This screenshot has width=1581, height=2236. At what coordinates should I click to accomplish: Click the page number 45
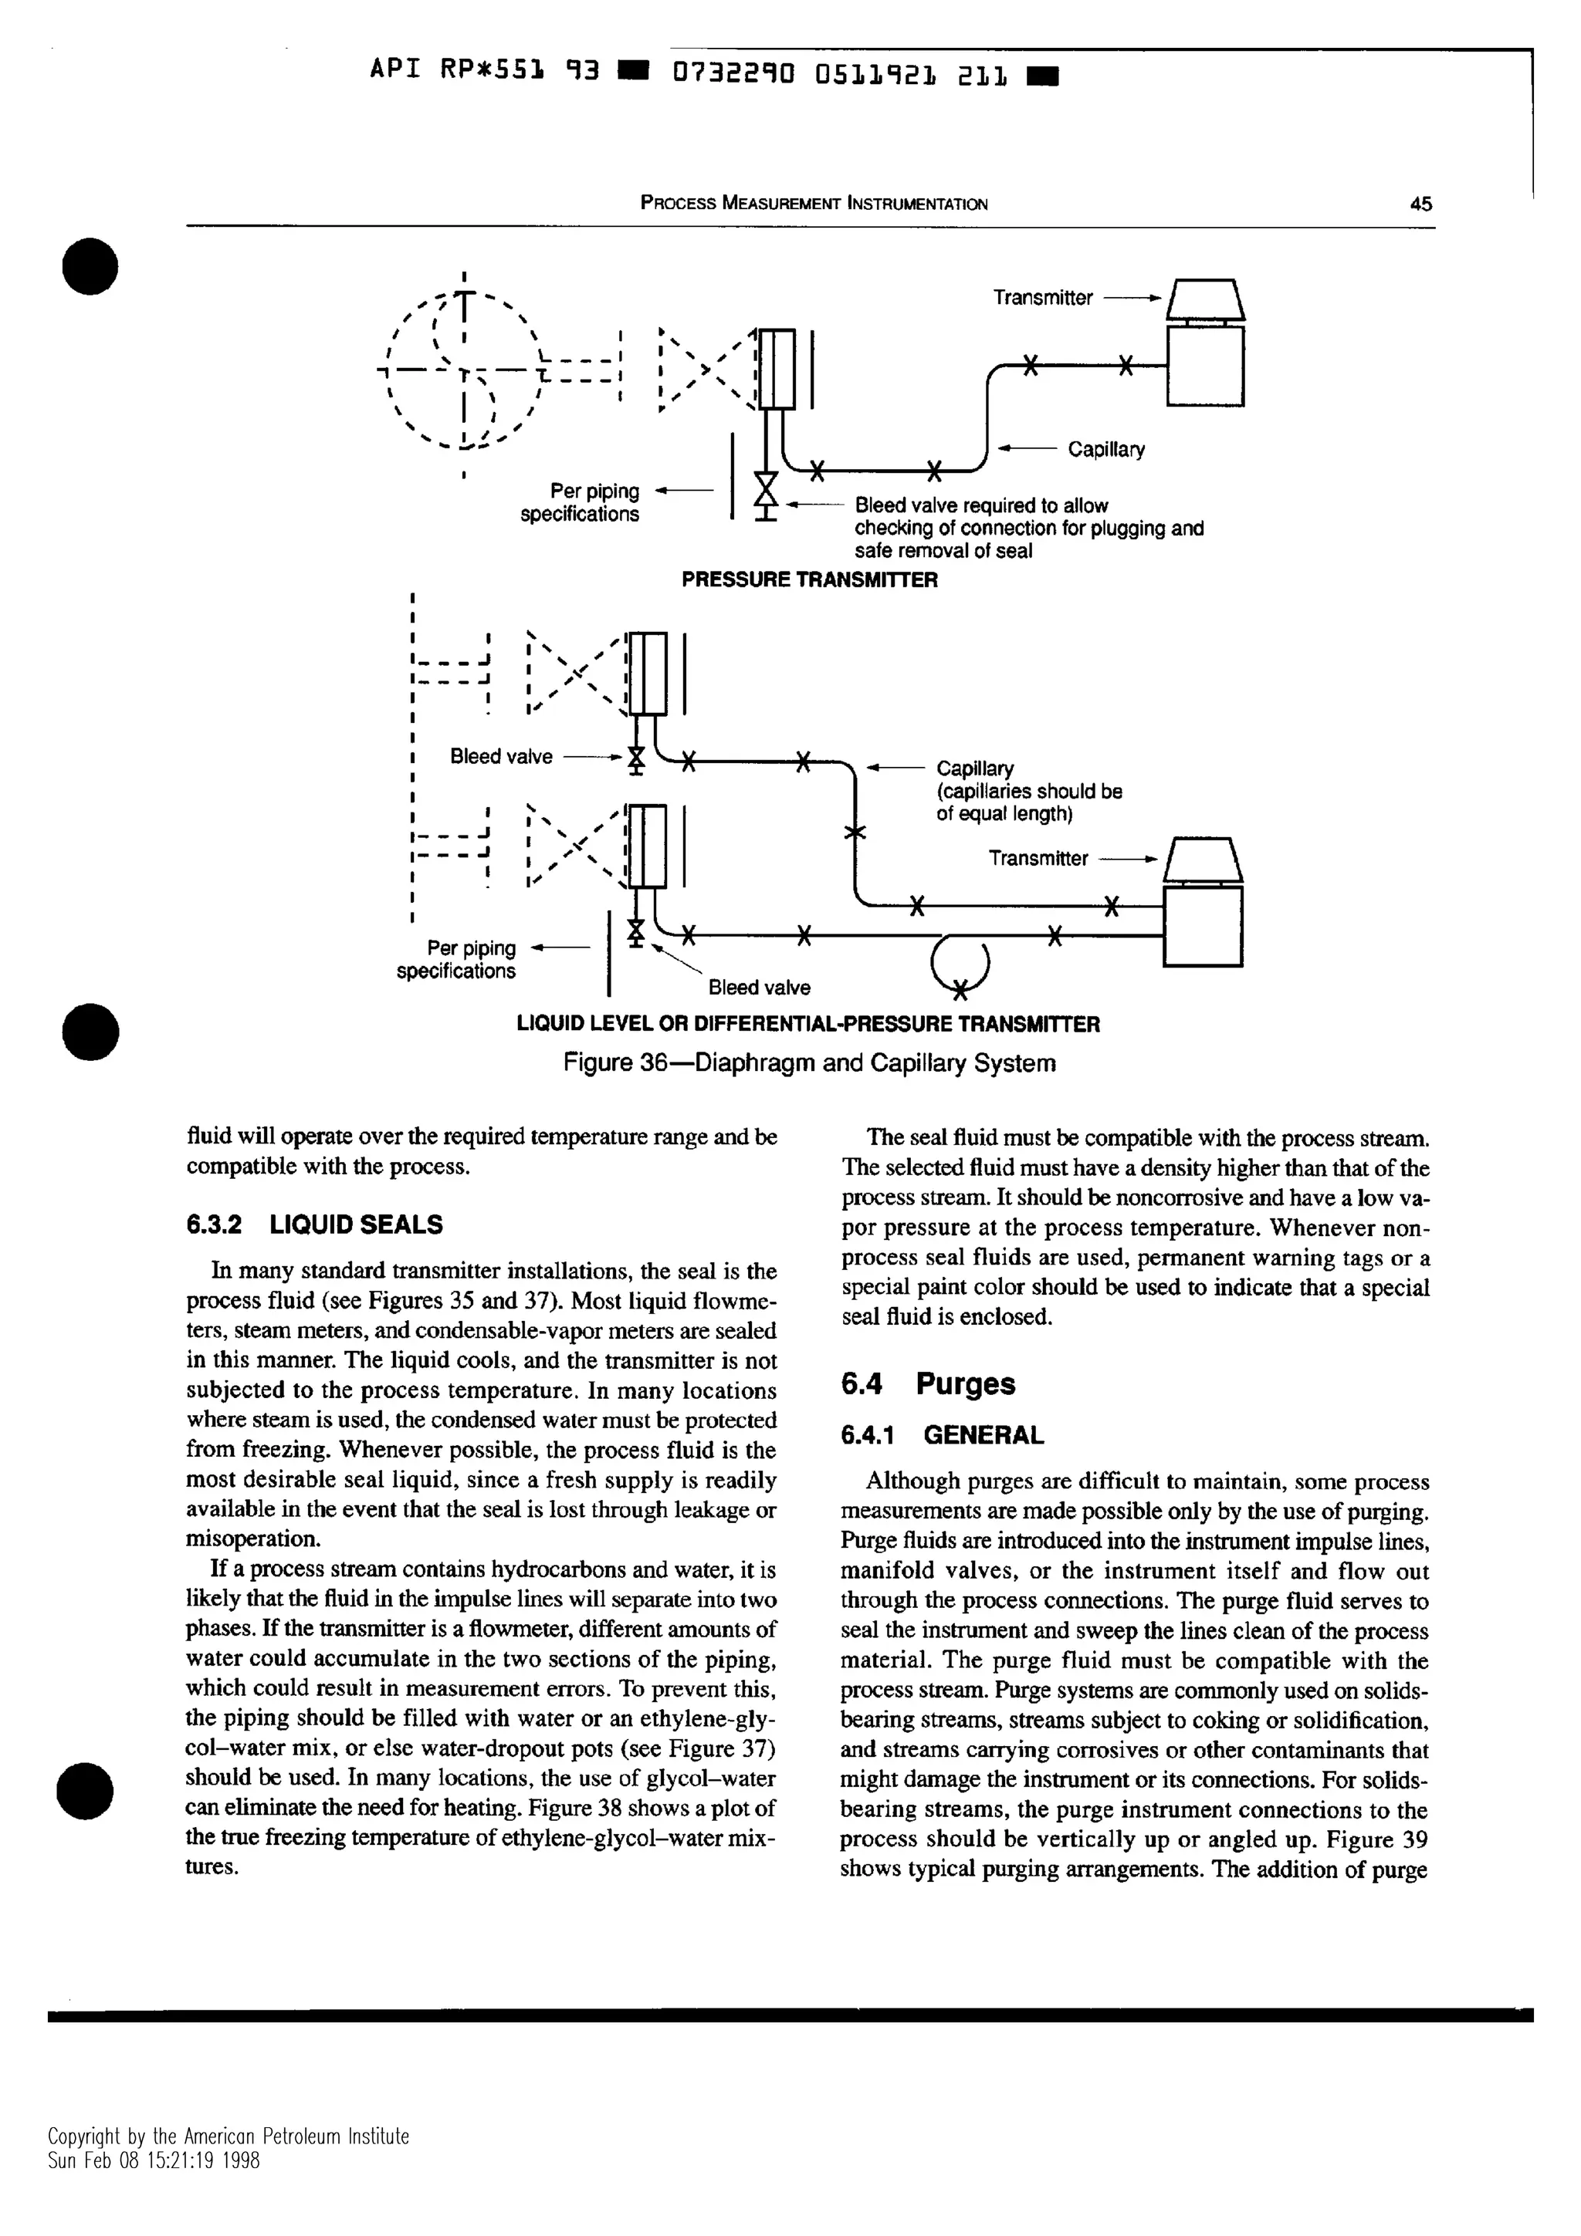(x=1420, y=204)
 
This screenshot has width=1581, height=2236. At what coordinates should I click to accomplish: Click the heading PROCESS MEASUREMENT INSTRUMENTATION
(x=814, y=204)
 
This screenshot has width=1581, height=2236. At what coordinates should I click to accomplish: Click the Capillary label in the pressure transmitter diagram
(x=1105, y=449)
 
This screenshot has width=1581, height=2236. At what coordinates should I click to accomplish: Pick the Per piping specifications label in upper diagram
(x=580, y=502)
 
